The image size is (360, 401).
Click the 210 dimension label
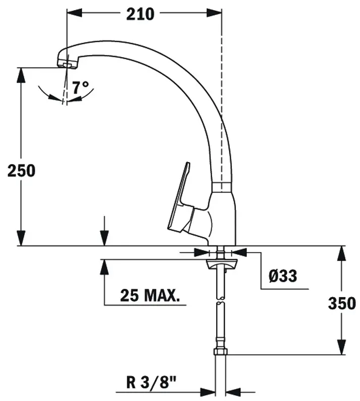pos(140,14)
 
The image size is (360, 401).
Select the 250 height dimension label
pos(21,171)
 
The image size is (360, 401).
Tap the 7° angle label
pos(82,87)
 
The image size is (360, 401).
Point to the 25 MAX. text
pos(150,295)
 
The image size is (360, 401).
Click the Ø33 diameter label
pos(283,276)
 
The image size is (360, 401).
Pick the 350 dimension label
pos(342,303)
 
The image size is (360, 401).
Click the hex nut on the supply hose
pos(221,351)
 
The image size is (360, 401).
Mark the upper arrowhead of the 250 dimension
pos(21,74)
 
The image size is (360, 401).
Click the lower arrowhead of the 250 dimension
pos(21,239)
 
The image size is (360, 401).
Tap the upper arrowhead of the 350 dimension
pos(342,253)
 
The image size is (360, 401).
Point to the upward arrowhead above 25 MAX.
pos(104,267)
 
